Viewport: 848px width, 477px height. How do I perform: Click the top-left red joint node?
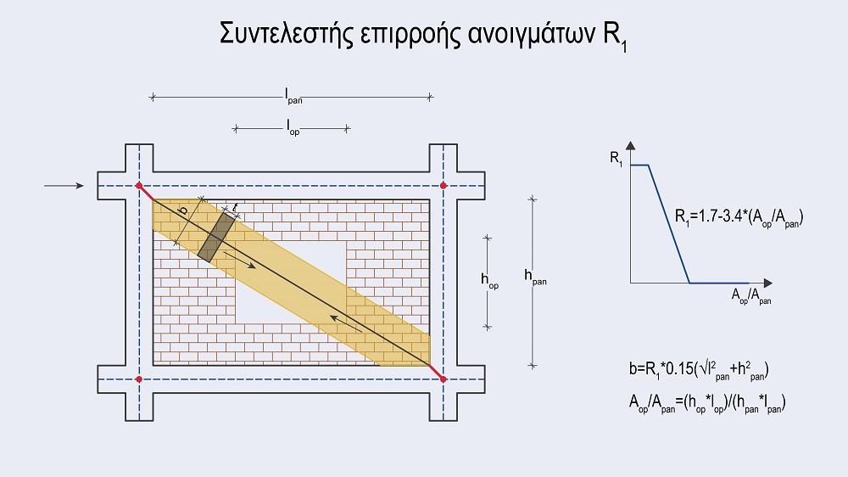139,185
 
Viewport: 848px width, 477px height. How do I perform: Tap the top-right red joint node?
443,185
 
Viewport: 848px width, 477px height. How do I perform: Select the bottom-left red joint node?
139,379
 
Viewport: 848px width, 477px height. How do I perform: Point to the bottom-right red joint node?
443,379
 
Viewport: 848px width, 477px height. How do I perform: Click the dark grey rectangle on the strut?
216,235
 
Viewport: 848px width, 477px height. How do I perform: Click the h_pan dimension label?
536,276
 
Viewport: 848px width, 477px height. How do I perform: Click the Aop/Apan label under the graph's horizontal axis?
751,296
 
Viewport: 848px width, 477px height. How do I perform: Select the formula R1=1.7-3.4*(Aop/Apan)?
739,217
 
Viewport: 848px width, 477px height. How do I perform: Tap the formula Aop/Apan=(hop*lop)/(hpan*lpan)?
705,405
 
